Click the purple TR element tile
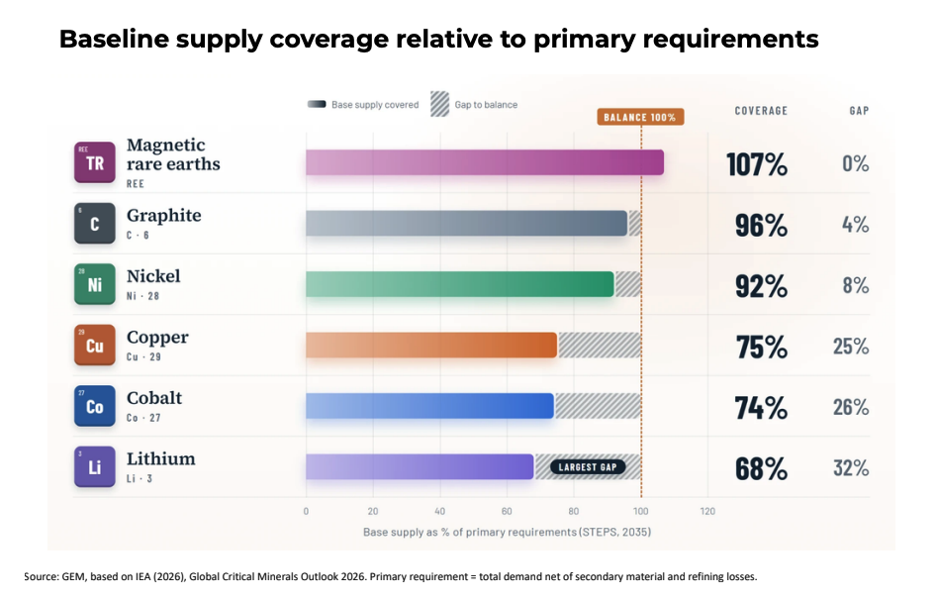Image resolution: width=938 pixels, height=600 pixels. (95, 162)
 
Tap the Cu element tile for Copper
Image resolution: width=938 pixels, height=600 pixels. (95, 345)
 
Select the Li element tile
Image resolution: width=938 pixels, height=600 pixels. (95, 466)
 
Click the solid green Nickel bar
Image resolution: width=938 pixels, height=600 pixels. (460, 284)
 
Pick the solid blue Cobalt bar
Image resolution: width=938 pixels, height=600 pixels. (429, 406)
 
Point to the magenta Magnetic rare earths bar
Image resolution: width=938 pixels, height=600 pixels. (485, 162)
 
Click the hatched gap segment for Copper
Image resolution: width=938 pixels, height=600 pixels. (600, 345)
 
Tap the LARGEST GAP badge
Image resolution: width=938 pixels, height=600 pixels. (588, 467)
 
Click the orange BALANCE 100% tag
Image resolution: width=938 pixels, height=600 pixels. (640, 117)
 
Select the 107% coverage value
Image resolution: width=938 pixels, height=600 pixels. (757, 164)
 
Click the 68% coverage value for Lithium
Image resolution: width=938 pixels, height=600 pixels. (761, 468)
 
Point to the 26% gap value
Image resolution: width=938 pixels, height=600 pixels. (851, 407)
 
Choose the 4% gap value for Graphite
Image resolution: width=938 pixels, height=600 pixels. (856, 225)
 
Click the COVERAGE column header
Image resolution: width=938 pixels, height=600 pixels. (761, 111)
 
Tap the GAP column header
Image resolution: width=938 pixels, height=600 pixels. (859, 111)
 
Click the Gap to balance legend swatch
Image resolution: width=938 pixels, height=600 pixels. (439, 104)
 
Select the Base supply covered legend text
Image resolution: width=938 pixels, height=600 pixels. (375, 105)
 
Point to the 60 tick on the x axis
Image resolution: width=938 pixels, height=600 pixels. (507, 511)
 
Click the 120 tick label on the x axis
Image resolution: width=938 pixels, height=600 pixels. (707, 511)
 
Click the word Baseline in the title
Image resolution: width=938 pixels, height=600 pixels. (114, 39)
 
